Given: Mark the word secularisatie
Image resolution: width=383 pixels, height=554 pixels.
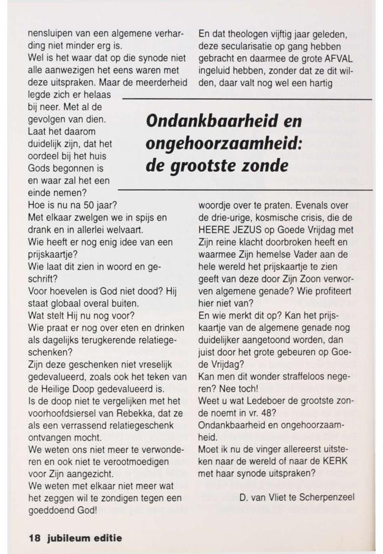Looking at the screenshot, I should pos(245,47).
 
